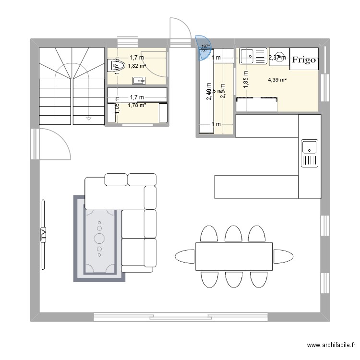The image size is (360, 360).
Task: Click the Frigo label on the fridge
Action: tap(303, 60)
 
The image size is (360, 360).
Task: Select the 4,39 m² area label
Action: tap(277, 80)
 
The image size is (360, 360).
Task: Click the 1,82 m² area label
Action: tap(137, 66)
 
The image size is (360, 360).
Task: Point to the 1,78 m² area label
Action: tap(137, 105)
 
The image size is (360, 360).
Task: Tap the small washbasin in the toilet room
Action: tap(139, 80)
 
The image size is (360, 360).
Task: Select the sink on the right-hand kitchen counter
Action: tap(309, 153)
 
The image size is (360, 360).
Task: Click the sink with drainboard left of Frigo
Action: tap(252, 56)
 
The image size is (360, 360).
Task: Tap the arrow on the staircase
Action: tap(89, 117)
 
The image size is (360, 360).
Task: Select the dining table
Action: tap(234, 256)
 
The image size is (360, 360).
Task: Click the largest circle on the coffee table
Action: tap(100, 238)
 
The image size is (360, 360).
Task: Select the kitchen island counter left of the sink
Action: tap(256, 187)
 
